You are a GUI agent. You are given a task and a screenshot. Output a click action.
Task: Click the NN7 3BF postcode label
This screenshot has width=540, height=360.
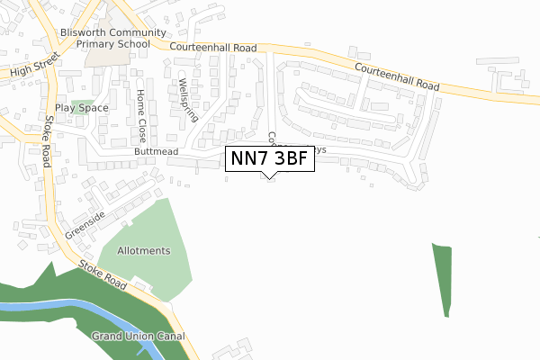[269, 158]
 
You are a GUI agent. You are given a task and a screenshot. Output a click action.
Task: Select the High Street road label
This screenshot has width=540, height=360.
[33, 67]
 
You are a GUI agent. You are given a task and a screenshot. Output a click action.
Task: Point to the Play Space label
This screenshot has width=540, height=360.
[81, 108]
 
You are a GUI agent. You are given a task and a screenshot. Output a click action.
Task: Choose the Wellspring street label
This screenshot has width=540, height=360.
[185, 89]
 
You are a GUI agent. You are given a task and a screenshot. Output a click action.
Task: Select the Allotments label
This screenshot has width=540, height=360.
[142, 250]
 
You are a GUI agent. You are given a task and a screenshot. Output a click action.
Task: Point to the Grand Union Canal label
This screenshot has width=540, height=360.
[138, 336]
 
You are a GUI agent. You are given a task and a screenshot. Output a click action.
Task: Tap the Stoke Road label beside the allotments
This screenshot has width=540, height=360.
[103, 274]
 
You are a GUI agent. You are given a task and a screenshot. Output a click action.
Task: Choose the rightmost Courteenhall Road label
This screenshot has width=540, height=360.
[397, 76]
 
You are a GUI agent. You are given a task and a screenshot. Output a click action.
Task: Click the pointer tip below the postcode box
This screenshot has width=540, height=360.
[269, 175]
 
